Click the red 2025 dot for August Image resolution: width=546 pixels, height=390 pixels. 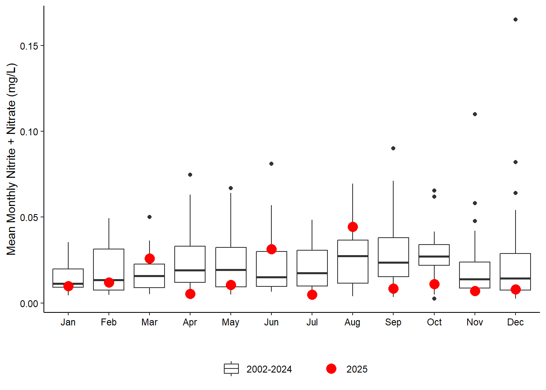[353, 227]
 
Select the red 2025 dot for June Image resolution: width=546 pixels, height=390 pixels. [271, 249]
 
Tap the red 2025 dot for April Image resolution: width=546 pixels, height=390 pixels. [190, 294]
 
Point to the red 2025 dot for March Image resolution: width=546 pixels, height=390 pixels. [149, 258]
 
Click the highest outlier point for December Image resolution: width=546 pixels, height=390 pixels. [516, 19]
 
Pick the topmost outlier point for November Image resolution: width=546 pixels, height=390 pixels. [475, 114]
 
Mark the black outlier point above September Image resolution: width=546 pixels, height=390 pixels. [393, 148]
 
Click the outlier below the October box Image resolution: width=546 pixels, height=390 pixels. [434, 299]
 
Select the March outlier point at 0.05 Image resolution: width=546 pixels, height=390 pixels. [149, 217]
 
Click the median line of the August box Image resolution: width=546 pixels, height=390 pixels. [353, 256]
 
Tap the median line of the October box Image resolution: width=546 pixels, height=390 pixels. [434, 256]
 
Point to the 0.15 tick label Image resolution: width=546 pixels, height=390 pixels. [29, 46]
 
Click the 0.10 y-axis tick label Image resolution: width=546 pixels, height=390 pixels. [29, 132]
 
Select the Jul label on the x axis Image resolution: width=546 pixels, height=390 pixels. [312, 322]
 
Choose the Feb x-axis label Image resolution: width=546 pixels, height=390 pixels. [109, 322]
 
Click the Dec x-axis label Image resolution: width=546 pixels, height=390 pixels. [516, 322]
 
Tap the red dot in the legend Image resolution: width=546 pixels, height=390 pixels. [331, 368]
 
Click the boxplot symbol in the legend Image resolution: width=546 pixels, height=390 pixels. [231, 368]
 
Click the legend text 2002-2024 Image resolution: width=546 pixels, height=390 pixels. [269, 369]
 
